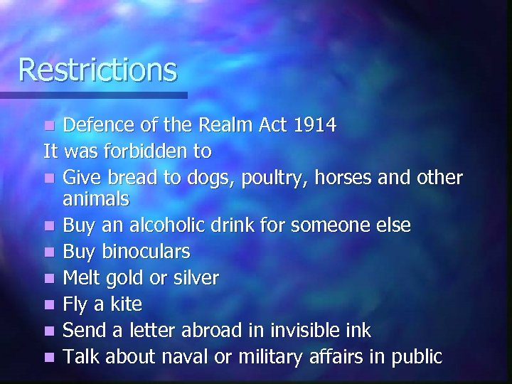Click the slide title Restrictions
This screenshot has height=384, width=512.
[x=97, y=70]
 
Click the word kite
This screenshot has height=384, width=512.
[x=125, y=304]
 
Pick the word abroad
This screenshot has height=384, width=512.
[x=205, y=330]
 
